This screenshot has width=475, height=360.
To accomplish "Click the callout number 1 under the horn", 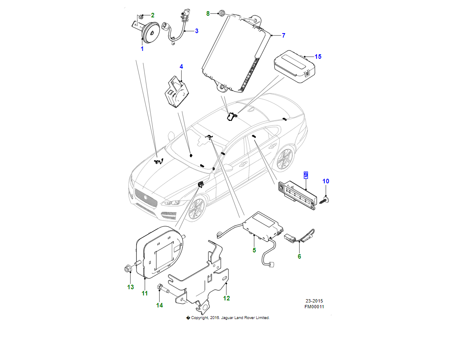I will click(142, 49).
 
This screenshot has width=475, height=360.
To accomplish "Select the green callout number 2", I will click(152, 15).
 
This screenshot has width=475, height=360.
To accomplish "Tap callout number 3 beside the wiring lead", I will click(197, 31).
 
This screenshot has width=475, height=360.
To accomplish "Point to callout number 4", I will click(181, 67).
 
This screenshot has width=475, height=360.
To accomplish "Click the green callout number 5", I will click(254, 250).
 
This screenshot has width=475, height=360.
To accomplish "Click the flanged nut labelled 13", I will click(128, 269).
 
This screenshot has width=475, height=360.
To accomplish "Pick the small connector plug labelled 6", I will click(288, 238).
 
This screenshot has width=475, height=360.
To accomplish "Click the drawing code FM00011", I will click(314, 307).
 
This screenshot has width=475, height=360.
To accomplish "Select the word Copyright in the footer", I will click(200, 318).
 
